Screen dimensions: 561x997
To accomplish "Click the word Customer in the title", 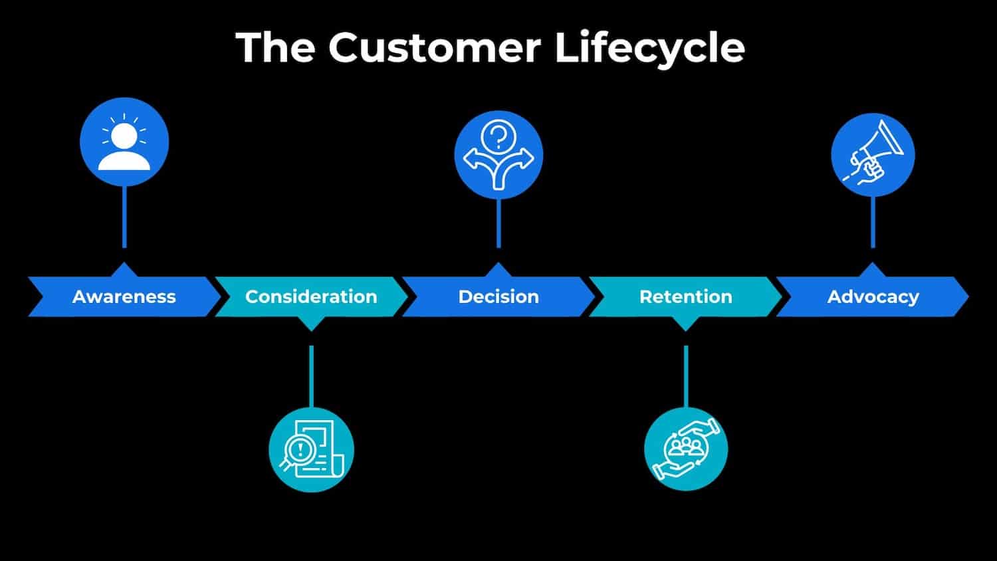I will tap(434, 48).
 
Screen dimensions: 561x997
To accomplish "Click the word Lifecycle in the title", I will tap(649, 48).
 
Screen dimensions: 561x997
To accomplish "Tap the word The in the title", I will tap(275, 48).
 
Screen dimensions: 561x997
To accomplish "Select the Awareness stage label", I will tap(124, 296).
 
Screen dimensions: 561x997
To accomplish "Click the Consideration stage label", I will tap(311, 296).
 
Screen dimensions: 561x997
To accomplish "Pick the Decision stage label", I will tap(498, 296).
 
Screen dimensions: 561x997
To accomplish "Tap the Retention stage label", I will tap(685, 296).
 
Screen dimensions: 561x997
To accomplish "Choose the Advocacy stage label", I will tap(873, 296).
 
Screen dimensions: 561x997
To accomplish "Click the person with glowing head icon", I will tap(124, 142).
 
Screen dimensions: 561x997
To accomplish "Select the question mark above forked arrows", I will tap(498, 138).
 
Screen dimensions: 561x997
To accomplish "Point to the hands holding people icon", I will tap(686, 449).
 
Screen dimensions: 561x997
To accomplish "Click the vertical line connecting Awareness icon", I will tap(124, 217).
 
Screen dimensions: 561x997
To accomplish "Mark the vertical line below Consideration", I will tap(311, 376).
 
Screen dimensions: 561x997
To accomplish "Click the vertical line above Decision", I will tap(498, 223).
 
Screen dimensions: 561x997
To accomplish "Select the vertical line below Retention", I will tap(686, 376).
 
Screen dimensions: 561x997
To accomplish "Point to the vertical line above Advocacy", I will tap(873, 222).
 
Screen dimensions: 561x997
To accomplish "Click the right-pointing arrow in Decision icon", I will tap(524, 159).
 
